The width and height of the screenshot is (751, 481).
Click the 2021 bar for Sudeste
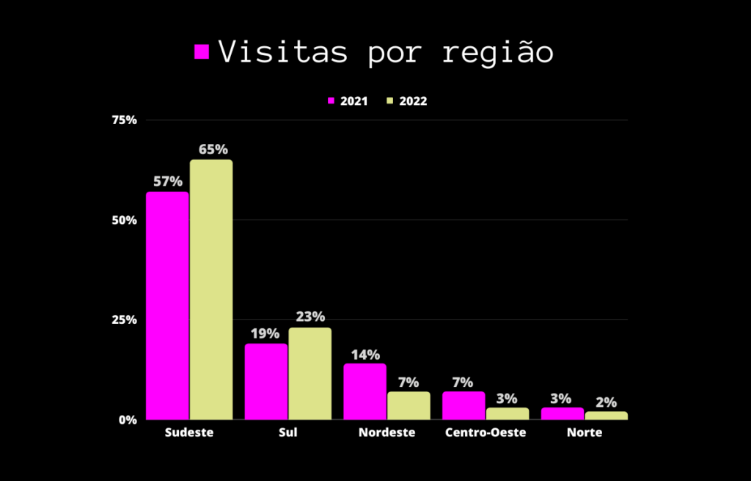(x=167, y=305)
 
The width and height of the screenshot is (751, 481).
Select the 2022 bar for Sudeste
(x=211, y=289)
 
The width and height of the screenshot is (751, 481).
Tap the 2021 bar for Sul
(x=266, y=381)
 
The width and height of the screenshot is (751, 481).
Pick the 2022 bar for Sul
(x=309, y=373)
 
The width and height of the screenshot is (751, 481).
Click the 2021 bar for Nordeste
(x=364, y=391)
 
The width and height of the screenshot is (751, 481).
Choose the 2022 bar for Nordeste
(x=409, y=405)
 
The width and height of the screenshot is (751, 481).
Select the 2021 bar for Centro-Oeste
(x=464, y=405)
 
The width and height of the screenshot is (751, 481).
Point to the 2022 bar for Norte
(x=606, y=416)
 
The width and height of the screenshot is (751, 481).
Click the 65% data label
(x=213, y=150)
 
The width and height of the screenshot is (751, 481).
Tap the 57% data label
(x=167, y=181)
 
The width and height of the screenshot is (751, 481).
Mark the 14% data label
(x=365, y=355)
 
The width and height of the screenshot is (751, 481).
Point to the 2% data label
(x=606, y=402)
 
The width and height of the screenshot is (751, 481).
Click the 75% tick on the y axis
(x=124, y=120)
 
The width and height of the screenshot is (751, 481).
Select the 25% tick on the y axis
(x=124, y=320)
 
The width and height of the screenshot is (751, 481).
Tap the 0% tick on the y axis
(x=128, y=420)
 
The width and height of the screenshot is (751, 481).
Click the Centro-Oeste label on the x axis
(x=486, y=433)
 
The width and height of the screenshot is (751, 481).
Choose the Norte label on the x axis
(x=585, y=433)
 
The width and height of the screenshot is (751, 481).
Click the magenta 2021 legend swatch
(x=331, y=101)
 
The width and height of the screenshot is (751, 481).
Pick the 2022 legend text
(x=413, y=101)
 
